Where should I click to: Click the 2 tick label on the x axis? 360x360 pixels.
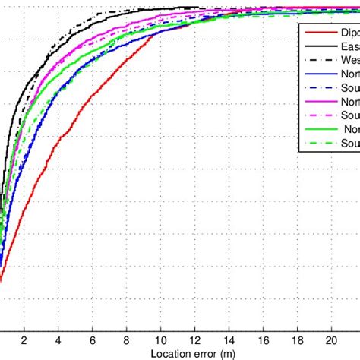[x=24, y=339]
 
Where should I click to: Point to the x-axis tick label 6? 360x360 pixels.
[x=92, y=339]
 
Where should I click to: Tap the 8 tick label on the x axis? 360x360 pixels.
[x=126, y=339]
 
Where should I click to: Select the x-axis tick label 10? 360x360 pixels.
[x=160, y=339]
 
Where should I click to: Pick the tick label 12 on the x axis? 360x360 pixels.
[x=194, y=339]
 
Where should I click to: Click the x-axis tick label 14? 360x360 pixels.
[x=229, y=339]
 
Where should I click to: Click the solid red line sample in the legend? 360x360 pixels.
[x=317, y=33]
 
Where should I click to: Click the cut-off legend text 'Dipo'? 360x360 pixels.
[x=348, y=33]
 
